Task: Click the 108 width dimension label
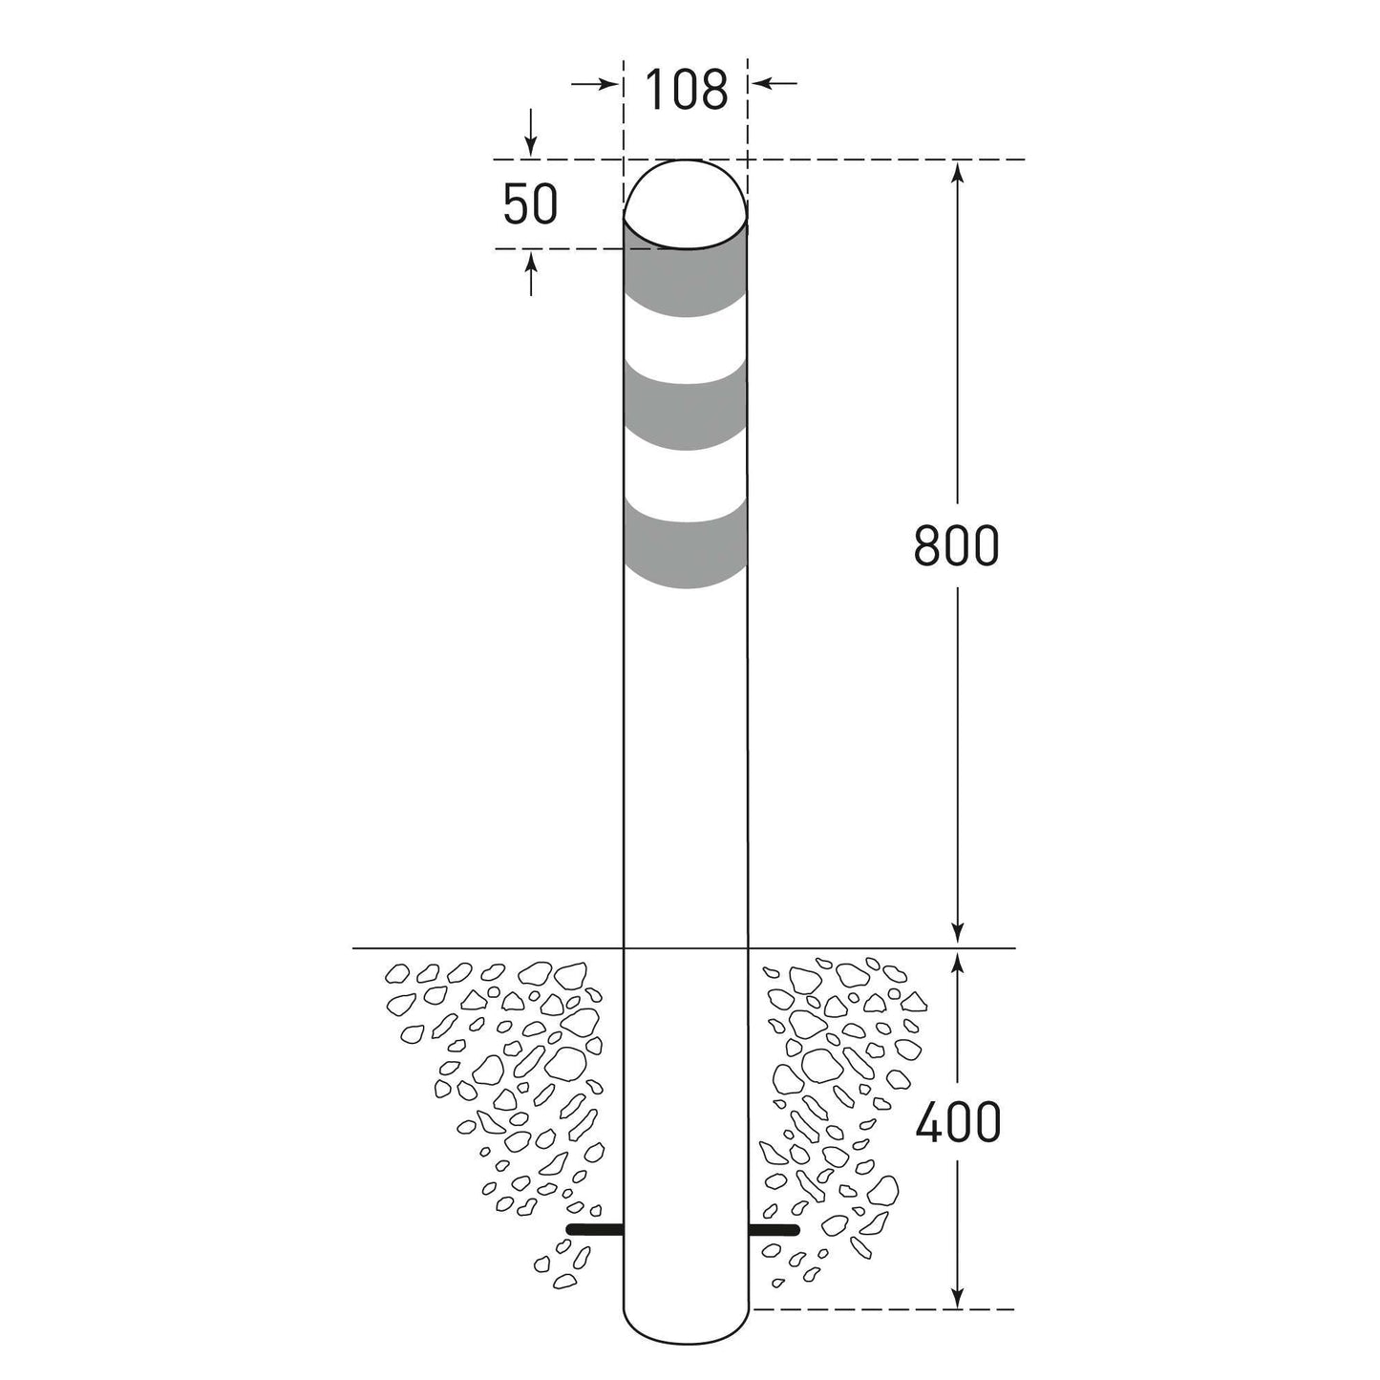[686, 90]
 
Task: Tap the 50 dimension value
[530, 204]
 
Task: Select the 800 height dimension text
[956, 545]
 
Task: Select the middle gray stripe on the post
[686, 407]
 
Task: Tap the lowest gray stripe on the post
[686, 543]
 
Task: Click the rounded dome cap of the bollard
[686, 204]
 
